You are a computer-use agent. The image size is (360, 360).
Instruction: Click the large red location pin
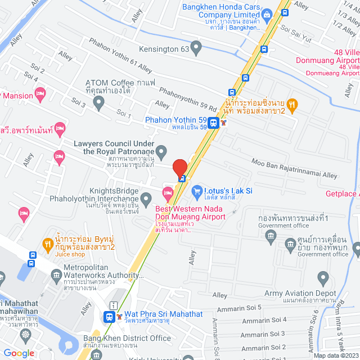pyautogui.click(x=179, y=168)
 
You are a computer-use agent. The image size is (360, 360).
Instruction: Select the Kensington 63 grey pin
pyautogui.click(x=196, y=48)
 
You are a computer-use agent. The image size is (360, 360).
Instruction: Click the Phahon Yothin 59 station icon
pyautogui.click(x=213, y=123)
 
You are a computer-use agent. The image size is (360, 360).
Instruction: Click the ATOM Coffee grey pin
pyautogui.click(x=99, y=103)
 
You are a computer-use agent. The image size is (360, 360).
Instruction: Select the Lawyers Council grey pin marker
pyautogui.click(x=161, y=151)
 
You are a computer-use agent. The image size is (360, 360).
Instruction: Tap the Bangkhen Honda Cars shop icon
pyautogui.click(x=268, y=13)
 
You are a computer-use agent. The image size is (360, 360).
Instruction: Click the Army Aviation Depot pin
pyautogui.click(x=323, y=277)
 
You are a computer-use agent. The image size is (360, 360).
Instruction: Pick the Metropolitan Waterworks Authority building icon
pyautogui.click(x=56, y=274)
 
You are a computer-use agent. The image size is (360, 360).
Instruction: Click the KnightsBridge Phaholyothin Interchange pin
pyautogui.click(x=146, y=198)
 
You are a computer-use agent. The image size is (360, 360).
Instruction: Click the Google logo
pyautogui.click(x=19, y=353)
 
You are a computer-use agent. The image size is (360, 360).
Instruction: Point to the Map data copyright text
pyautogui.click(x=335, y=355)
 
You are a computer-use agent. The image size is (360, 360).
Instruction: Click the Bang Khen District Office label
pyautogui.click(x=127, y=338)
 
